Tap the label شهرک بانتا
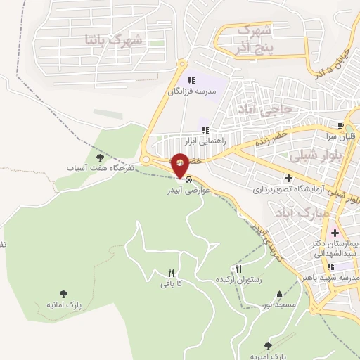(x=112, y=39)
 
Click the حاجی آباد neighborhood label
(x=280, y=110)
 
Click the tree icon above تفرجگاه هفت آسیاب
(x=100, y=157)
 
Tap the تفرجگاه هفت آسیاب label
(x=99, y=169)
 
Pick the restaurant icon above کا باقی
(x=171, y=273)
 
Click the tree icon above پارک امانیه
(x=64, y=294)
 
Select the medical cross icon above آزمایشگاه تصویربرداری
(x=288, y=178)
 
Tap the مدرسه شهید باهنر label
(x=335, y=277)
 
